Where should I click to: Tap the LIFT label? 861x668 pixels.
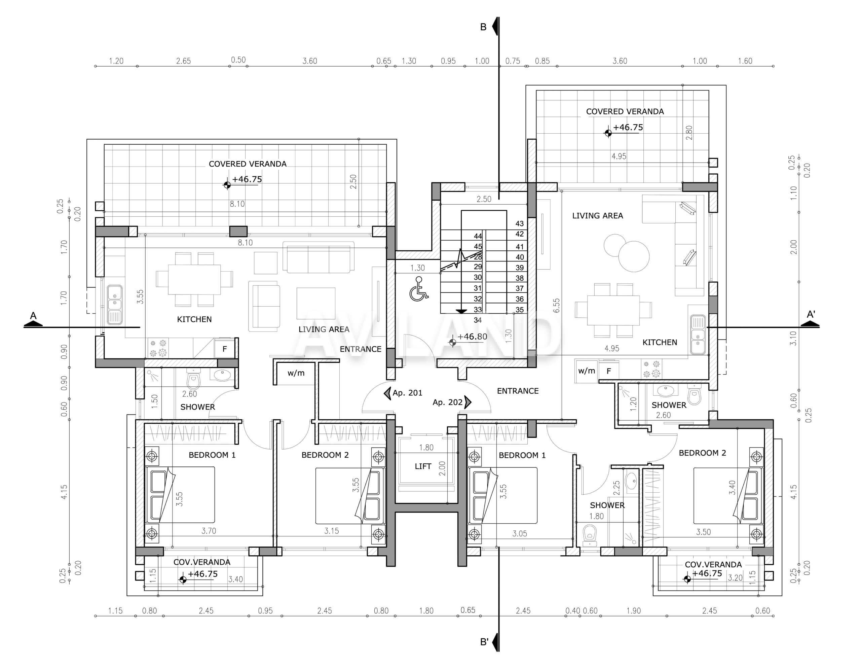click(x=423, y=466)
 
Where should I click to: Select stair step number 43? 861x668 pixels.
click(x=520, y=224)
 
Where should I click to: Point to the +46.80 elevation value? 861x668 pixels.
click(x=472, y=337)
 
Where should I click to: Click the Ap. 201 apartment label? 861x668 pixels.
click(x=407, y=393)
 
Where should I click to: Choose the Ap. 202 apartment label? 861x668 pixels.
click(x=447, y=402)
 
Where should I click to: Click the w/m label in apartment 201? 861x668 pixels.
click(x=296, y=373)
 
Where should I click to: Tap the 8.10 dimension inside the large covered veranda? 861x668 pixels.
click(x=237, y=204)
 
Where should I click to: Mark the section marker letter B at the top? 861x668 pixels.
click(x=483, y=27)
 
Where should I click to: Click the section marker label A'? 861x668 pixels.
click(x=811, y=314)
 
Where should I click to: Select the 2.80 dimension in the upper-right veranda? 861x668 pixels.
click(x=689, y=133)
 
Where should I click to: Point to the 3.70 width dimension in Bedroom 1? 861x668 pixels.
click(x=209, y=531)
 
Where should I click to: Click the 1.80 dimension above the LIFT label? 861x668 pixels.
click(x=426, y=448)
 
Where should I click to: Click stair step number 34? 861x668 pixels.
click(x=478, y=320)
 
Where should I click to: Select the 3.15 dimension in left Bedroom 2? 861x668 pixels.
click(x=332, y=531)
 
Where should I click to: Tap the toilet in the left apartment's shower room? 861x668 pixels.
click(x=193, y=379)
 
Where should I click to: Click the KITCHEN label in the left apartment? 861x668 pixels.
click(x=194, y=319)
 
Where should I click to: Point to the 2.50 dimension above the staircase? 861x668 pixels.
click(x=484, y=199)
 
